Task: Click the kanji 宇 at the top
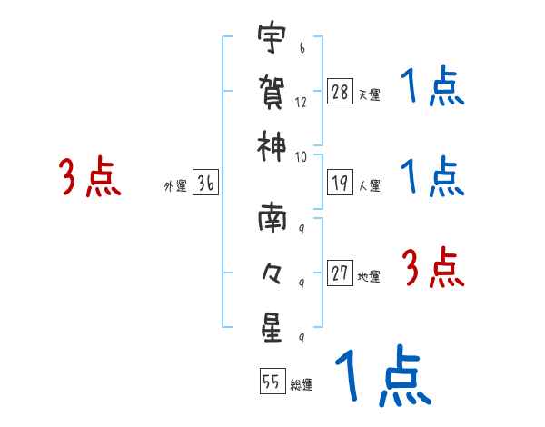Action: pos(272,40)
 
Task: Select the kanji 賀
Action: pos(272,92)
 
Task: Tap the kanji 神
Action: pos(272,143)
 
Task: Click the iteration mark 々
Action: pos(272,272)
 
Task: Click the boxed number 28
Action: pos(341,92)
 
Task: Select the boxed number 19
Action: pos(341,182)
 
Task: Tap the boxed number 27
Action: pos(341,272)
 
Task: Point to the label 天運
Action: pos(369,94)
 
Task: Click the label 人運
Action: pos(369,185)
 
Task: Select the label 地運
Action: pos(369,275)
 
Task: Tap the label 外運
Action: pos(175,185)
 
